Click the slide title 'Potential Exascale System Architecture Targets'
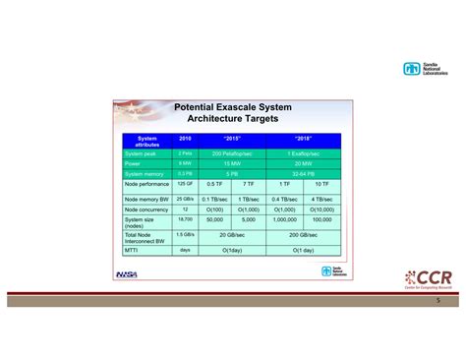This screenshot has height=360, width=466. pos(233,111)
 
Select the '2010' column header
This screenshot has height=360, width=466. pos(185,140)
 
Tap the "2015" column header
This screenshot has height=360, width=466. pos(232,140)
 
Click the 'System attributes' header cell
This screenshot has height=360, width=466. pos(147,142)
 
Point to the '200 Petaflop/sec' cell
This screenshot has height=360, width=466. pos(232,153)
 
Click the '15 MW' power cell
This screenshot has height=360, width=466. pos(232,163)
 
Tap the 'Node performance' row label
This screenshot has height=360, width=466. pos(147,185)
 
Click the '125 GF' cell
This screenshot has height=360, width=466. pos(185,185)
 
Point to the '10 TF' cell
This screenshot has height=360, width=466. pos(321,185)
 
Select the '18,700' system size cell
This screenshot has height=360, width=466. pos(185,220)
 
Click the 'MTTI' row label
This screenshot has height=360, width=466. pos(133,251)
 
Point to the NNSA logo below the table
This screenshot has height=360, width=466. pos(127,274)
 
